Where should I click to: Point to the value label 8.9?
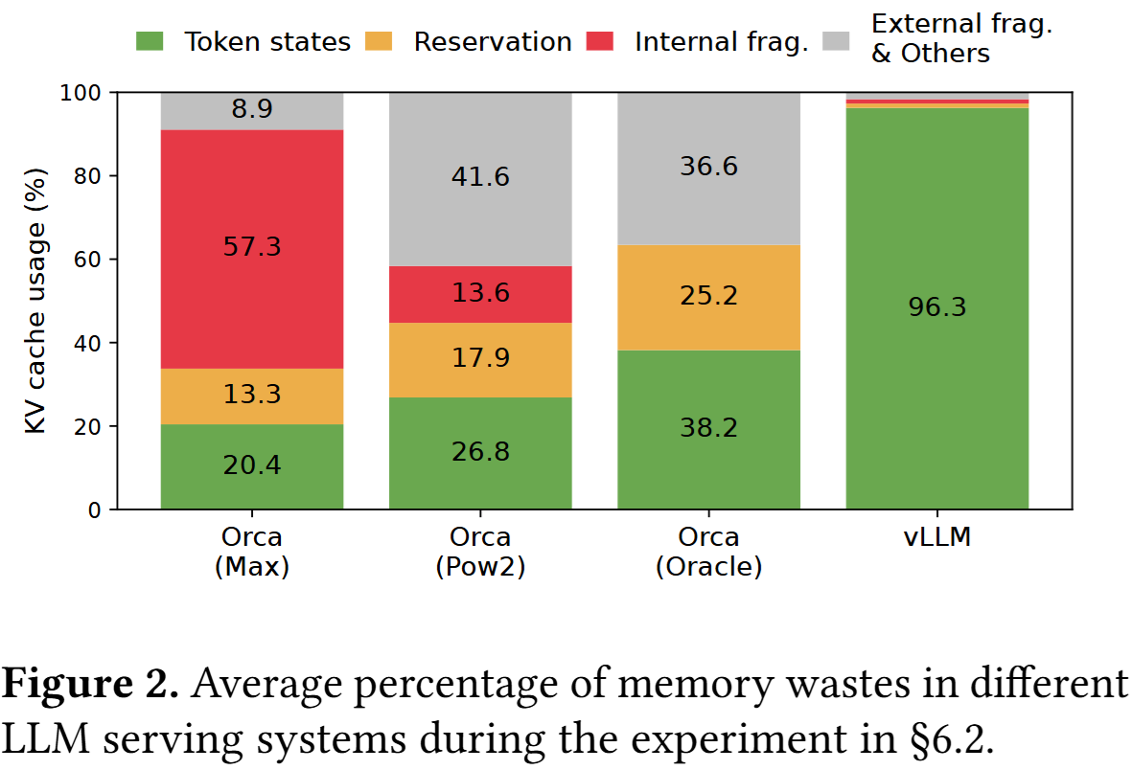click(252, 110)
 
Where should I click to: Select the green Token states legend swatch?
click(150, 42)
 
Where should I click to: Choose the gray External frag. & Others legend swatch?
click(837, 42)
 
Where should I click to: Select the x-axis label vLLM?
click(936, 536)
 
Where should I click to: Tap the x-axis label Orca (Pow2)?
click(480, 552)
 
